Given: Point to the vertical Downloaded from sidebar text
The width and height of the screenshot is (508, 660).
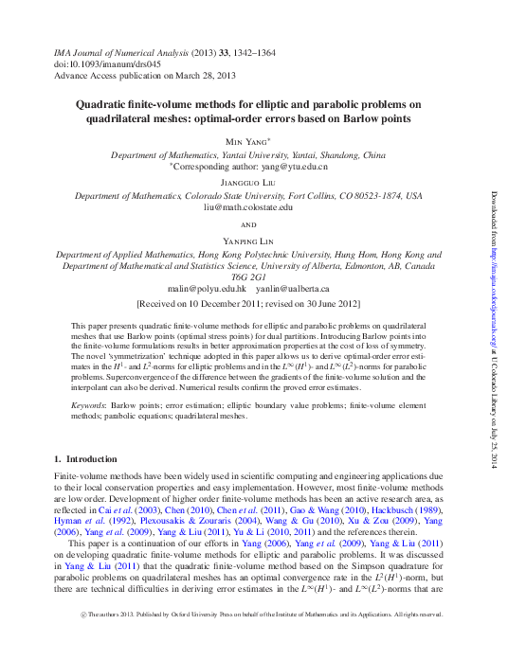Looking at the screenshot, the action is tap(493, 322).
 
